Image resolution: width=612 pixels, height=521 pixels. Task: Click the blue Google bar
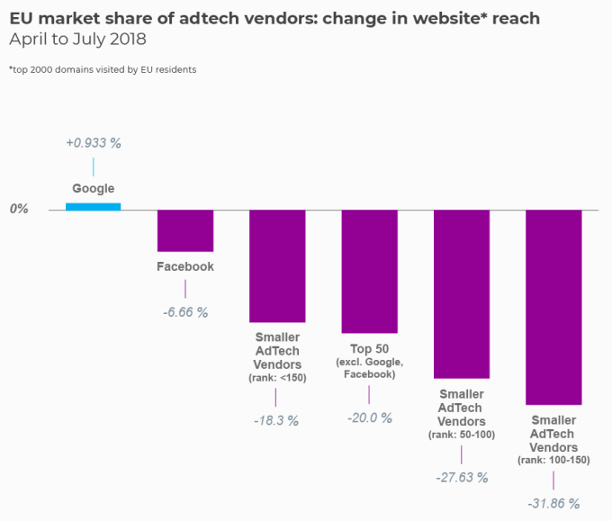click(x=93, y=206)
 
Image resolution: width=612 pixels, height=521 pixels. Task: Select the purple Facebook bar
click(x=185, y=230)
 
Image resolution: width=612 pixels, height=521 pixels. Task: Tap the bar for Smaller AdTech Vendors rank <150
click(x=277, y=265)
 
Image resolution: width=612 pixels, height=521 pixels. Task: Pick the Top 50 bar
click(x=369, y=271)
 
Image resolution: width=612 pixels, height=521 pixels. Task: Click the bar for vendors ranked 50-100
click(x=462, y=293)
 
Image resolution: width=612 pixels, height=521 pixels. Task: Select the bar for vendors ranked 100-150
click(x=553, y=307)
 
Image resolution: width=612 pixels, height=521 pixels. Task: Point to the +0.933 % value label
click(x=93, y=142)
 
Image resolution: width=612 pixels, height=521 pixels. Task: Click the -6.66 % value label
click(x=185, y=312)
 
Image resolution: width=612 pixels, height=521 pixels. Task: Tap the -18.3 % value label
click(x=276, y=420)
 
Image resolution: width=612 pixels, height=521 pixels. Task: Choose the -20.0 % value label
click(x=369, y=418)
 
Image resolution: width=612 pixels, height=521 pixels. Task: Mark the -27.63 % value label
click(x=461, y=477)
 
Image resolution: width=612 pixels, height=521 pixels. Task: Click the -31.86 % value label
click(x=553, y=503)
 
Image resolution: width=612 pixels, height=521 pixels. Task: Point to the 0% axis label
click(x=20, y=209)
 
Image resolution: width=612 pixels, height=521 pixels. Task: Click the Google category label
click(x=94, y=189)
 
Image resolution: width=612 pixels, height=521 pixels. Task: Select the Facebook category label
click(x=185, y=267)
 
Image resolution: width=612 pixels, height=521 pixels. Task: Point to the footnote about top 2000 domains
click(x=103, y=69)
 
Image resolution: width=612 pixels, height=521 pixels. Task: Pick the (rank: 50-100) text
click(x=462, y=435)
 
